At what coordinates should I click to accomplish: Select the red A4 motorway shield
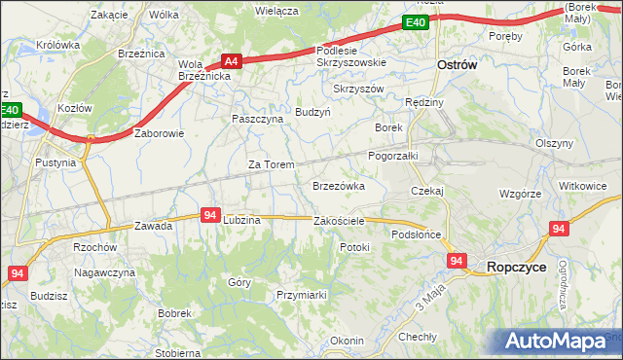[x=230, y=59]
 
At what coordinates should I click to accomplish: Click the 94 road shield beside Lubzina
[x=210, y=214]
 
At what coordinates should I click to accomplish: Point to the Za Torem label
[x=271, y=164]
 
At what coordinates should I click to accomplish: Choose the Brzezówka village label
[x=338, y=185]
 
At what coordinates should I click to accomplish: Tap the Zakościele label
[x=339, y=221]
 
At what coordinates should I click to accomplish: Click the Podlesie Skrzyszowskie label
[x=351, y=56]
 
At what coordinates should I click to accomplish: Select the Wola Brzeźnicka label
[x=202, y=71]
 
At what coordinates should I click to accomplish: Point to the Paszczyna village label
[x=257, y=118]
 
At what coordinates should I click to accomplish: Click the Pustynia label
[x=55, y=162]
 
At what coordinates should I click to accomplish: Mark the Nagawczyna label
[x=103, y=273]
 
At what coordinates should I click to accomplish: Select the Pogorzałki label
[x=393, y=155]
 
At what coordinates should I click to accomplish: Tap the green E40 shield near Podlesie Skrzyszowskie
[x=416, y=22]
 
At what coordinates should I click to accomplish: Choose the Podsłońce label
[x=417, y=234]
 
